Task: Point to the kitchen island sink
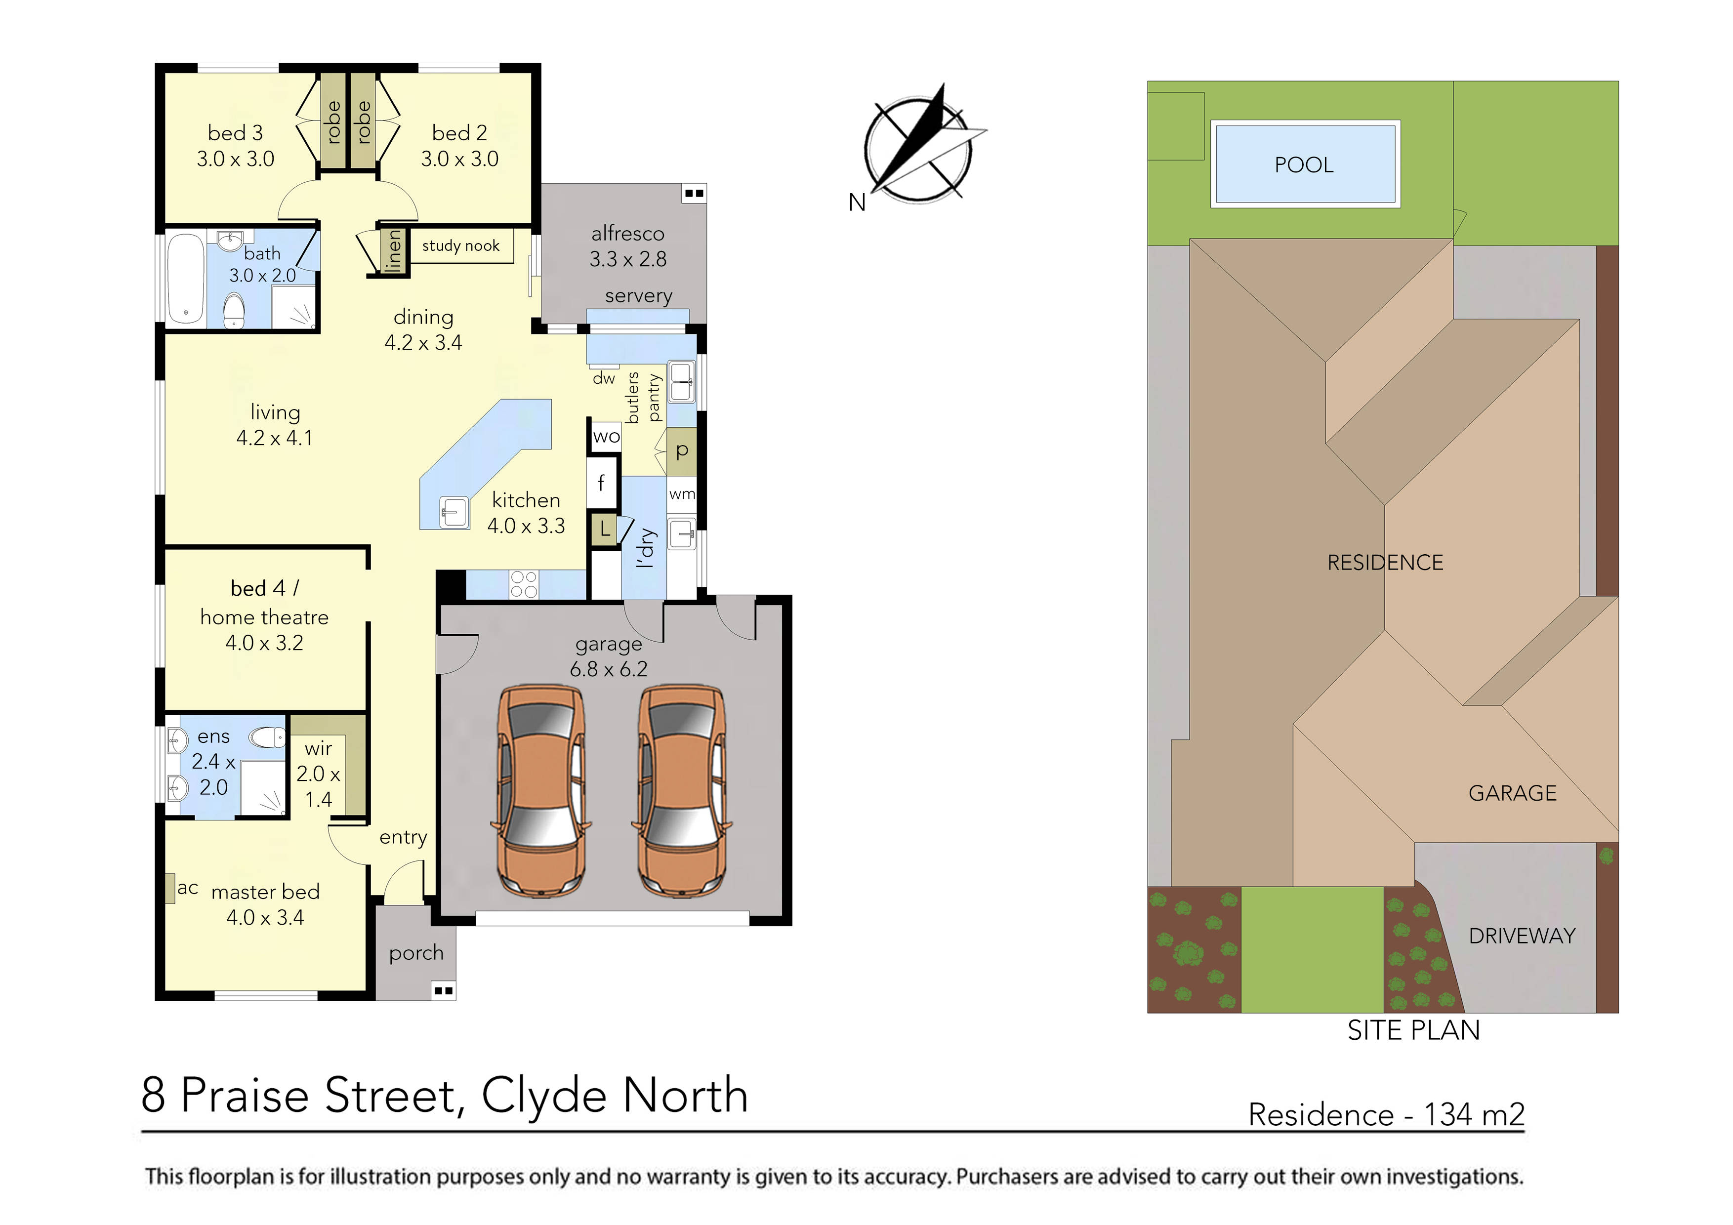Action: point(454,513)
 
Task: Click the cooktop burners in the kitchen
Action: point(524,584)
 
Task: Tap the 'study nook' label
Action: point(460,245)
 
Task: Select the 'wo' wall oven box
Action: point(605,436)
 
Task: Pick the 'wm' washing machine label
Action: point(682,494)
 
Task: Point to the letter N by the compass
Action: point(857,203)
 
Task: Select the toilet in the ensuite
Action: point(267,736)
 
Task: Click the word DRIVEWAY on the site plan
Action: point(1522,936)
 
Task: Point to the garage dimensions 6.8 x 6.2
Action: point(608,669)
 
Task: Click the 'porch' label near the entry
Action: point(416,953)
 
